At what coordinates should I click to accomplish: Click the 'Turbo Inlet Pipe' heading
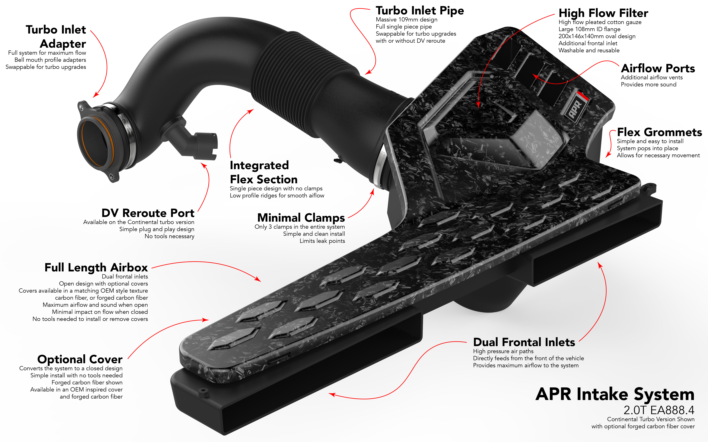[x=420, y=11]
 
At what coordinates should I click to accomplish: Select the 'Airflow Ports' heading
[x=658, y=68]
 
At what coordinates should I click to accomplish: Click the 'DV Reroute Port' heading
[x=148, y=213]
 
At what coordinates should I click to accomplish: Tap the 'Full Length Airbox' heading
[x=96, y=267]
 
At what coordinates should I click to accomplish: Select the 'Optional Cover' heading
[x=80, y=359]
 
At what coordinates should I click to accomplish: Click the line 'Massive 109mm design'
[x=406, y=20]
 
